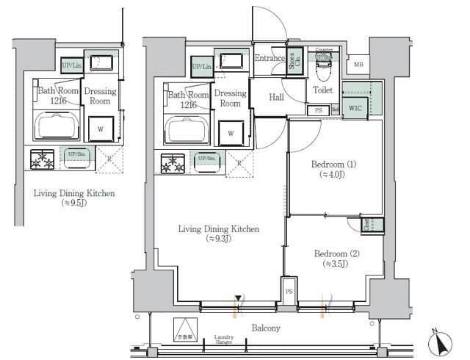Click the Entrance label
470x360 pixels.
pos(270,58)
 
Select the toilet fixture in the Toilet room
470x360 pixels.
pos(323,71)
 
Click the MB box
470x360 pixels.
pos(358,65)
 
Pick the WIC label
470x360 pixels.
pos(355,109)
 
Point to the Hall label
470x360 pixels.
pos(276,96)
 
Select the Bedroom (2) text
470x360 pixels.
pos(334,254)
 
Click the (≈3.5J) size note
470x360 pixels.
pos(334,266)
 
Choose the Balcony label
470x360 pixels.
pos(265,328)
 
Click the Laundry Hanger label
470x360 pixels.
pos(224,339)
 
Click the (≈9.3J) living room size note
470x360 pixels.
pos(219,240)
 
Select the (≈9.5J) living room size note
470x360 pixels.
pos(73,204)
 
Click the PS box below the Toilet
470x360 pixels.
pos(318,110)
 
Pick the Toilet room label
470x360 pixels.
pos(323,90)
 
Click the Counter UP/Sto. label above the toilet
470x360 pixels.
pos(324,52)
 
